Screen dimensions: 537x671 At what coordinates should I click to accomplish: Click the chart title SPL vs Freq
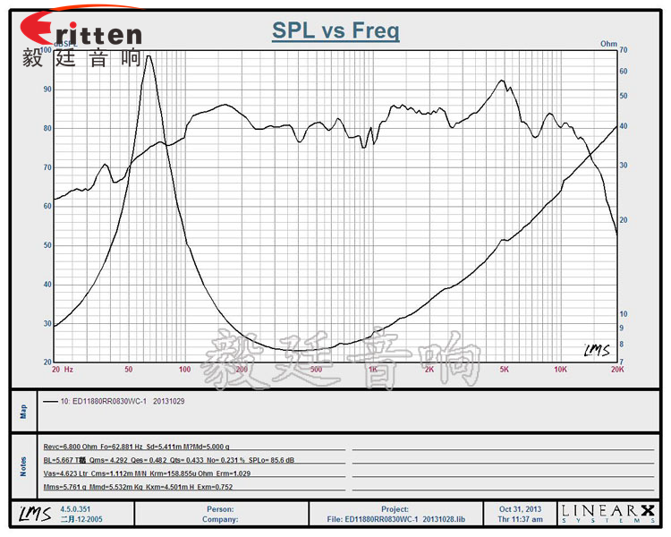click(335, 32)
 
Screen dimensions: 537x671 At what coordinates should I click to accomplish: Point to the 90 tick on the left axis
click(47, 89)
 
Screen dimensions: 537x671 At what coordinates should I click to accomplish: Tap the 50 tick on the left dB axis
click(47, 245)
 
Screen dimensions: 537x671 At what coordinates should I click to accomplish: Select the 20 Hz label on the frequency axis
click(62, 369)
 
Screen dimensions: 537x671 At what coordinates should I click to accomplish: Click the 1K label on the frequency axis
click(372, 369)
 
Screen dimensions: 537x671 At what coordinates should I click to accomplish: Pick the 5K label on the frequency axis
click(504, 369)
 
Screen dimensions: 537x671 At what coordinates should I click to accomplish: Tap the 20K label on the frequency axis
click(616, 369)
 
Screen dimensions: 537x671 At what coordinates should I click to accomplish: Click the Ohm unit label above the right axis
click(608, 43)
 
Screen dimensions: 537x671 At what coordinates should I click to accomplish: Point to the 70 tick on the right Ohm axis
click(624, 51)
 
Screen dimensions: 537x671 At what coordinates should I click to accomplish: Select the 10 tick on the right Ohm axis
click(624, 313)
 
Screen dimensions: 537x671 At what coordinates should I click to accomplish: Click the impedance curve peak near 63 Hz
click(149, 55)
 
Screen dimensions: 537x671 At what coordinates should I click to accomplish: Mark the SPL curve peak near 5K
click(502, 81)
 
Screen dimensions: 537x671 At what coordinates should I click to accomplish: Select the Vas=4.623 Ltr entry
click(64, 473)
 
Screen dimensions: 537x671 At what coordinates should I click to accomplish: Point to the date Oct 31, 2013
click(519, 508)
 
